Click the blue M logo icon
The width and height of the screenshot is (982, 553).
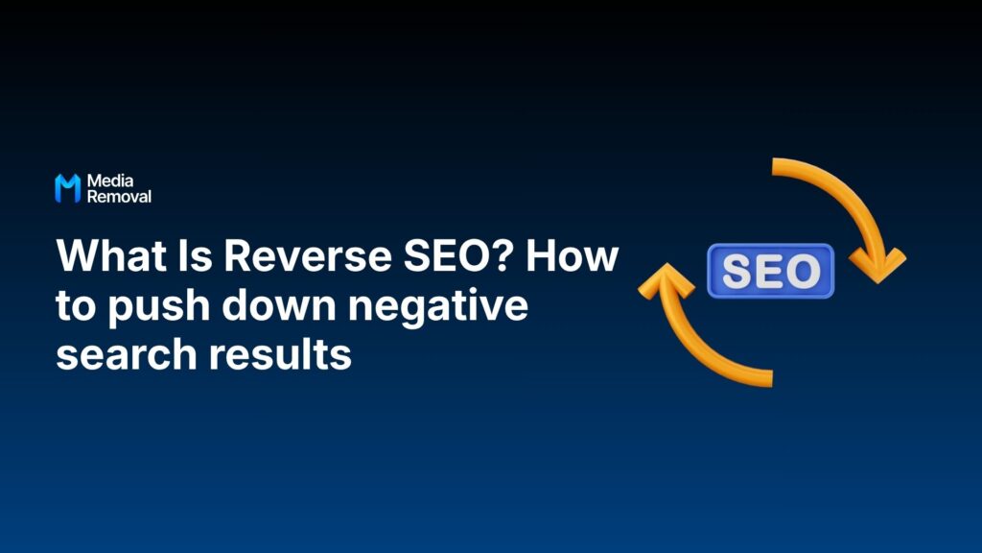[x=67, y=188]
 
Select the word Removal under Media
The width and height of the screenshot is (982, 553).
[x=119, y=197]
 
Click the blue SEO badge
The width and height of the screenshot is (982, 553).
[x=771, y=271]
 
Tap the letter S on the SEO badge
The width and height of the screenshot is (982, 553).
[x=737, y=271]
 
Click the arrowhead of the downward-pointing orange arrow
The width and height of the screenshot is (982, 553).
[x=877, y=262]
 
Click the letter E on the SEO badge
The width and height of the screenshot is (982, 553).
[x=770, y=271]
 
